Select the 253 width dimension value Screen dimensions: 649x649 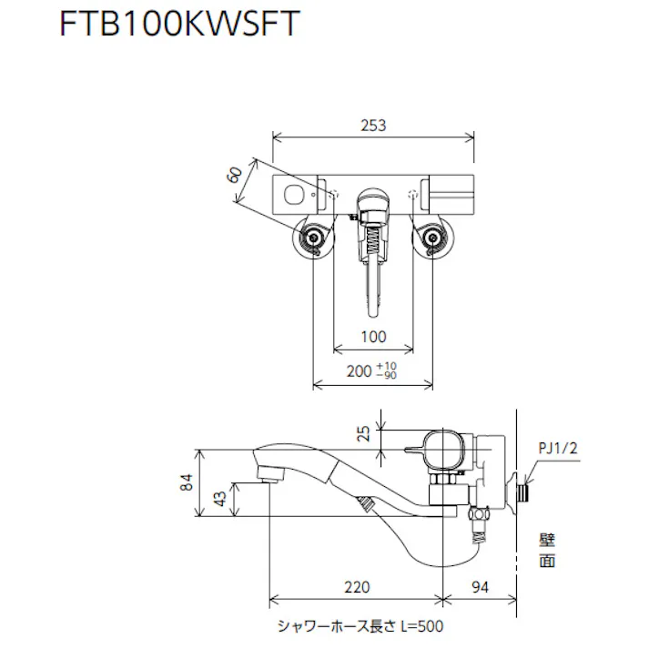(x=373, y=127)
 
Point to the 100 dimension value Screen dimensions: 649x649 (x=373, y=337)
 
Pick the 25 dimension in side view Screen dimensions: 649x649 (x=364, y=434)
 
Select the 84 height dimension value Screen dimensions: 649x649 (x=186, y=482)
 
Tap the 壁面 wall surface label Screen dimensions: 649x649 (x=546, y=551)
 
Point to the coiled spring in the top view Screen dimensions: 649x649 (x=372, y=244)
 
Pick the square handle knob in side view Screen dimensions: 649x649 (x=447, y=448)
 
